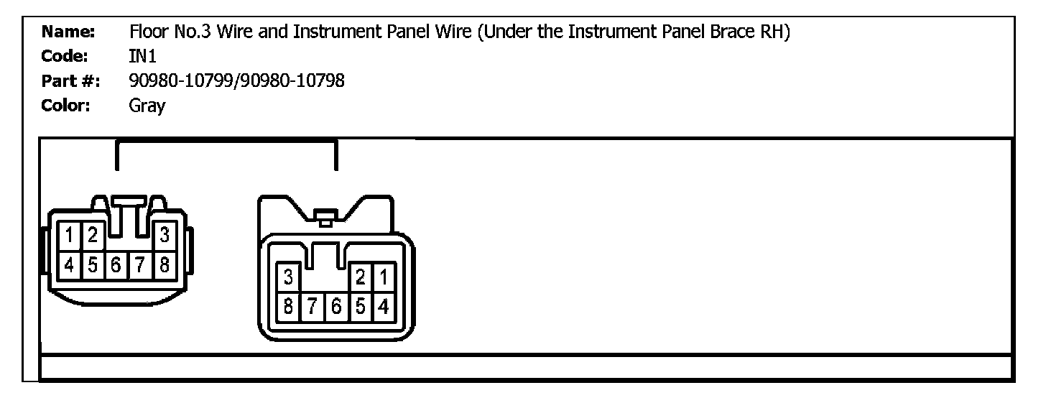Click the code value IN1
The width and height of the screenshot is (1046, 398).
click(142, 57)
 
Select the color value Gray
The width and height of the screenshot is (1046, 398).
click(147, 106)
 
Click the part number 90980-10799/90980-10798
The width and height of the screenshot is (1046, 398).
click(237, 81)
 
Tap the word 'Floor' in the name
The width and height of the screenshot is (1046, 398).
click(148, 32)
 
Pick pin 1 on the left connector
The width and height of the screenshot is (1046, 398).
click(70, 235)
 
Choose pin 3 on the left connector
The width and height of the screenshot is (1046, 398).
click(164, 235)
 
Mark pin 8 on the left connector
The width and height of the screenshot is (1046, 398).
click(164, 264)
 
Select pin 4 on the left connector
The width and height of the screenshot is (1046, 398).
click(70, 264)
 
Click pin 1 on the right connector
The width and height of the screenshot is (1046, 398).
click(383, 277)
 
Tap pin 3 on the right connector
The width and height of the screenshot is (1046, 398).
click(288, 277)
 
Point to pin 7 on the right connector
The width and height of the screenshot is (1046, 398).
click(312, 307)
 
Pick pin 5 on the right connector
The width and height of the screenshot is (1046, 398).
click(360, 307)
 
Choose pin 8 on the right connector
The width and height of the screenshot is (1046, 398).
click(288, 307)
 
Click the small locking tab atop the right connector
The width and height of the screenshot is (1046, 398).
click(325, 218)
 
